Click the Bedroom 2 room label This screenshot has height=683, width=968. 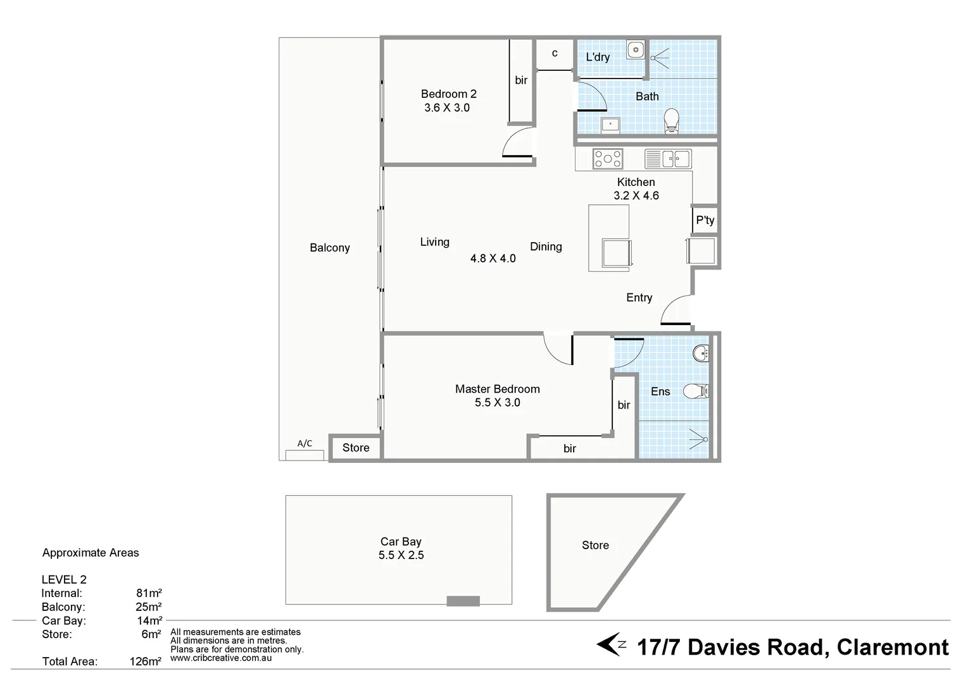click(448, 94)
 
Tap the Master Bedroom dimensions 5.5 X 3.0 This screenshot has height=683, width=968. click(497, 403)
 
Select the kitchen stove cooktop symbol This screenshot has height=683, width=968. click(607, 159)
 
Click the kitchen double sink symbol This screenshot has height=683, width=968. click(668, 159)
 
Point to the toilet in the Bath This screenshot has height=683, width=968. click(671, 121)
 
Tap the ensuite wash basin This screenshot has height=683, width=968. click(701, 353)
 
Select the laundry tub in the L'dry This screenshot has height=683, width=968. click(635, 49)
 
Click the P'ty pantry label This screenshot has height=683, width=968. click(705, 220)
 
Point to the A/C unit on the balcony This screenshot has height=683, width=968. click(305, 454)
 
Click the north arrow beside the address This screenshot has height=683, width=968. click(611, 646)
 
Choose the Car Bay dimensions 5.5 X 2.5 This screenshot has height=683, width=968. click(401, 555)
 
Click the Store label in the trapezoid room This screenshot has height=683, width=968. click(595, 545)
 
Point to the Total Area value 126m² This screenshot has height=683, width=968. click(145, 662)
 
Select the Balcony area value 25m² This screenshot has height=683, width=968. click(148, 607)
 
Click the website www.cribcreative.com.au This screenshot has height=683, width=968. click(221, 658)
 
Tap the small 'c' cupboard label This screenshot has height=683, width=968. click(555, 53)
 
